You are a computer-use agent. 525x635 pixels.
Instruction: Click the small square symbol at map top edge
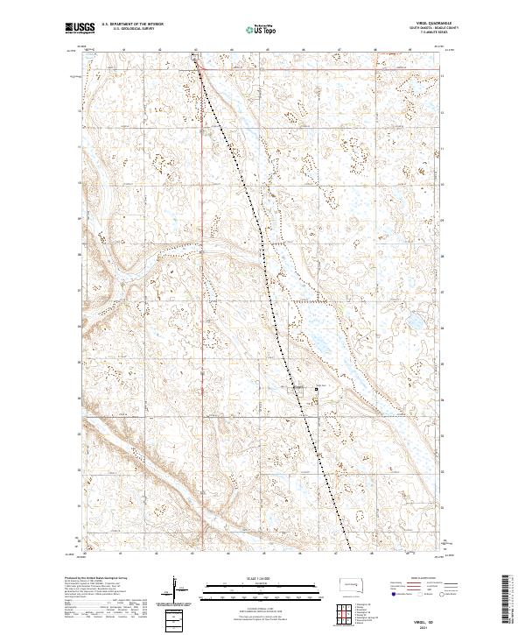click(194, 55)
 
